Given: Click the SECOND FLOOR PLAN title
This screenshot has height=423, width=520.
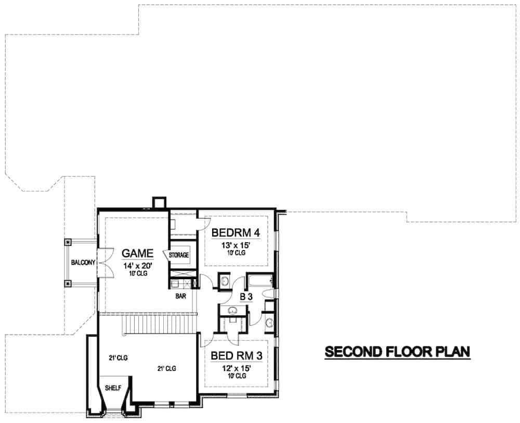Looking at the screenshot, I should pyautogui.click(x=397, y=352).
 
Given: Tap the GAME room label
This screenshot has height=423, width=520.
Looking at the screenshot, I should pyautogui.click(x=137, y=254).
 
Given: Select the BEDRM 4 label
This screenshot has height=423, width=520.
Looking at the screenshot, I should pyautogui.click(x=236, y=232).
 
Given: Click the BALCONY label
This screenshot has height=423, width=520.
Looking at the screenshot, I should pyautogui.click(x=82, y=263).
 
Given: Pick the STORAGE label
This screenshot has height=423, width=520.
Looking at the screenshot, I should pyautogui.click(x=178, y=255).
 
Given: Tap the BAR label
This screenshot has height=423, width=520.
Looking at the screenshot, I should pyautogui.click(x=181, y=295).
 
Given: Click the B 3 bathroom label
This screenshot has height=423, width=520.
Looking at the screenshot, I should pyautogui.click(x=245, y=297).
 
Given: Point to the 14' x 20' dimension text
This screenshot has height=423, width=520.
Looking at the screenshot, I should pyautogui.click(x=137, y=265).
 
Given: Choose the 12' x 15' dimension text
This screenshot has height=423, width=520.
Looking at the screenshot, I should pyautogui.click(x=237, y=368).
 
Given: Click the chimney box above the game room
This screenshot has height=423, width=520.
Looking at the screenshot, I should pyautogui.click(x=159, y=202).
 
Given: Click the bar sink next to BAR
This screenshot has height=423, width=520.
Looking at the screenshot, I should pyautogui.click(x=176, y=284).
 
